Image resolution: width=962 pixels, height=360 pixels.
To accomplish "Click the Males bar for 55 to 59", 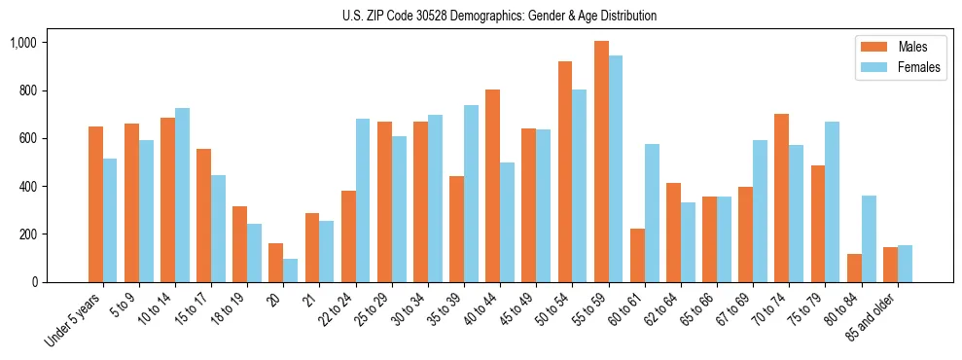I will (601, 162).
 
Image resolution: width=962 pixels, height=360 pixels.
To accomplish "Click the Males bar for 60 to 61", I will (637, 255).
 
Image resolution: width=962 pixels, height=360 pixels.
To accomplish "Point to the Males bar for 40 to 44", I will (493, 186).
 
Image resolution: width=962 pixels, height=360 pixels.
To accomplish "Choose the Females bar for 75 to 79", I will (833, 201).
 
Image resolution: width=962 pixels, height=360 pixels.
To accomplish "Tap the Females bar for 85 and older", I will (905, 264).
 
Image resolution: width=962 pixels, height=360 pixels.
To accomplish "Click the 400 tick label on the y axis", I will (26, 187).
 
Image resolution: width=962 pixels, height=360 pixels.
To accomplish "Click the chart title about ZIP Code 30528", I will (499, 16).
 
